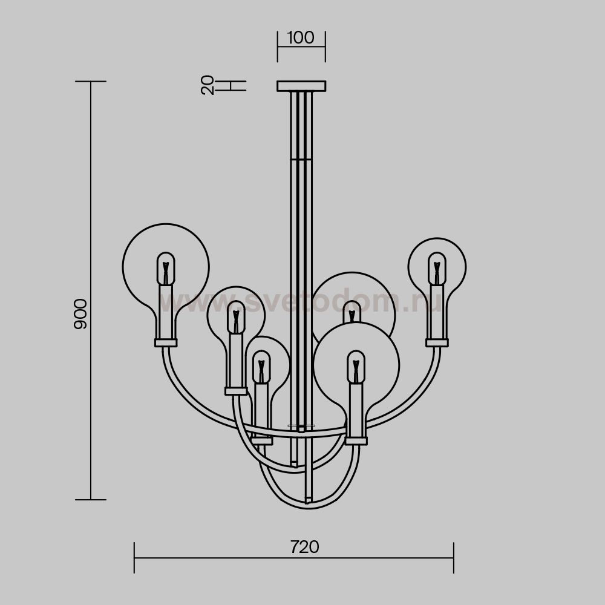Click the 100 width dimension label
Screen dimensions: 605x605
[x=301, y=38]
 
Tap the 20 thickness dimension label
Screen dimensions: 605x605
[x=208, y=85]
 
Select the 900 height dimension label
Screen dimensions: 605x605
[x=80, y=313]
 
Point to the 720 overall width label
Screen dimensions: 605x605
[x=305, y=547]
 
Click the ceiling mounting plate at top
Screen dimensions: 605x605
[x=301, y=86]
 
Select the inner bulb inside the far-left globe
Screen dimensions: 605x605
[x=166, y=269]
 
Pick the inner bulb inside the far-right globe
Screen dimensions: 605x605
[x=437, y=269]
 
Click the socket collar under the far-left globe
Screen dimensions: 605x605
[x=166, y=342]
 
